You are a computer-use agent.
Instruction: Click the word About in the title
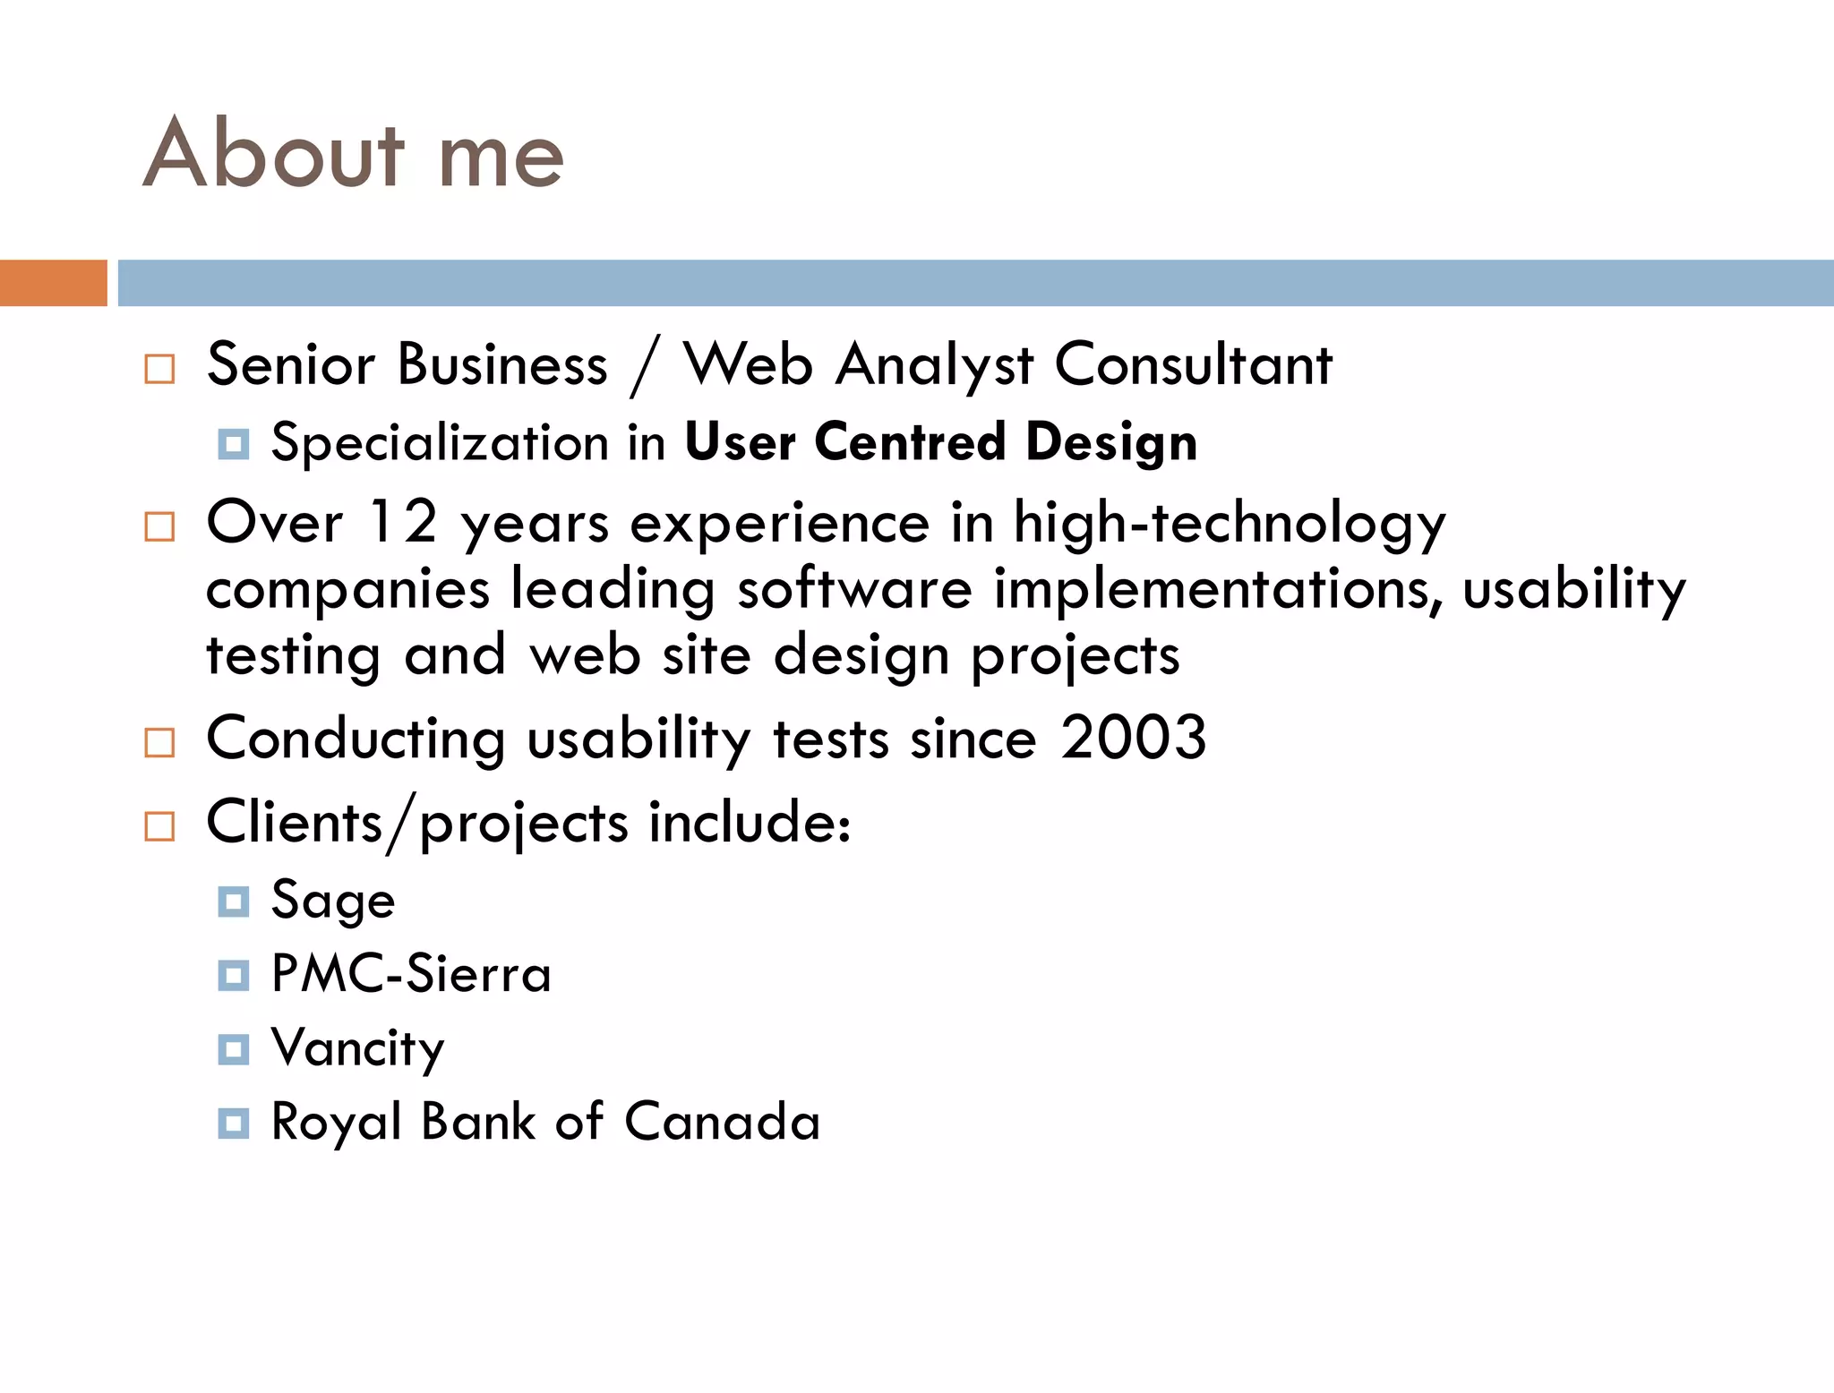[x=274, y=154]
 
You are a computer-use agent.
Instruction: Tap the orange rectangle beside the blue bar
[x=53, y=283]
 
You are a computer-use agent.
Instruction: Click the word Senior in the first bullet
[x=291, y=365]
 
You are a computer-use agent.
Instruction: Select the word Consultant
[x=1194, y=365]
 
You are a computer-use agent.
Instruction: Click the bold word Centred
[x=910, y=442]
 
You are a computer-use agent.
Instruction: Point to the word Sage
[x=332, y=901]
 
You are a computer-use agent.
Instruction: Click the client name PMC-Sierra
[x=411, y=974]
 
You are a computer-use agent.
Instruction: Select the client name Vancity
[x=357, y=1048]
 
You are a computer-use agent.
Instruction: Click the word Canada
[x=722, y=1122]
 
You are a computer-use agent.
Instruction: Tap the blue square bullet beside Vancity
[x=234, y=1048]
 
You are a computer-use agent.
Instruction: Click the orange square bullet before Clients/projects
[x=159, y=825]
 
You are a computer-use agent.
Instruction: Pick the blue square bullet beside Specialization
[x=234, y=443]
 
